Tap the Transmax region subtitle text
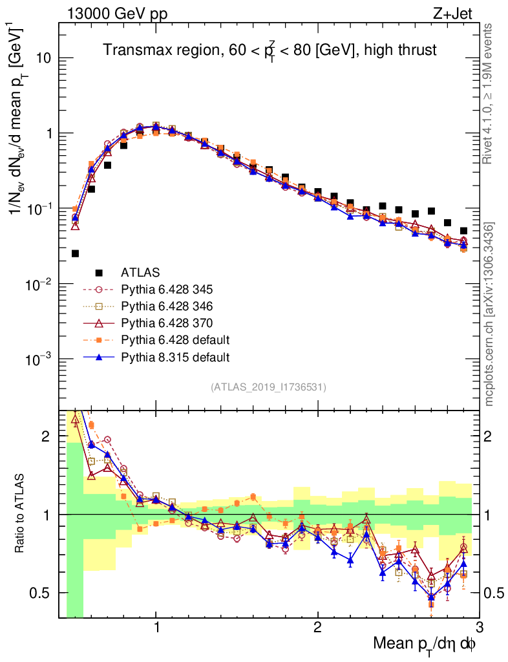[270, 50]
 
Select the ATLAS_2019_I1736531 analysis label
[268, 387]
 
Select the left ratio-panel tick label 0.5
[45, 593]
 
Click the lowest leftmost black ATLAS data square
[75, 253]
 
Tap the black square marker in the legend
[99, 273]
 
